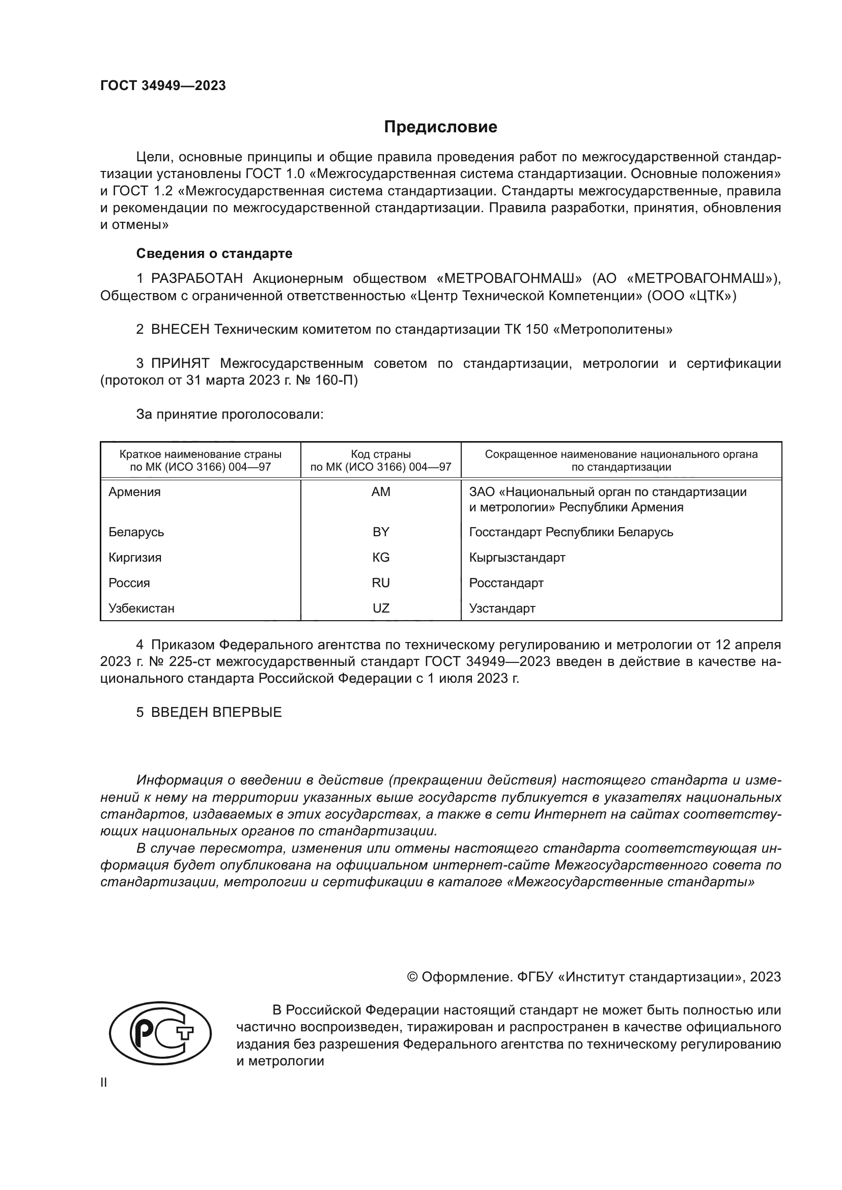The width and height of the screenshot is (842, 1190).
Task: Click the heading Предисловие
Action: (440, 127)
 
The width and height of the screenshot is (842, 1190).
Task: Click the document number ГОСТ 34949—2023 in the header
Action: (163, 86)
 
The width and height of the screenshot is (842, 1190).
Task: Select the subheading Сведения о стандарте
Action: (214, 253)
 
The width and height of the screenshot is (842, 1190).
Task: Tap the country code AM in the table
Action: (381, 492)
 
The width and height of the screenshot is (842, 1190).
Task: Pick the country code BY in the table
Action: (381, 532)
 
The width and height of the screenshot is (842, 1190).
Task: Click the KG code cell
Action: (381, 557)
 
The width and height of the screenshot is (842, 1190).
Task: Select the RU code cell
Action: (381, 583)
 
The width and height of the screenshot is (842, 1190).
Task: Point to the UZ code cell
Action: (381, 608)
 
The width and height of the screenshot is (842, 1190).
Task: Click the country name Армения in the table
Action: (134, 492)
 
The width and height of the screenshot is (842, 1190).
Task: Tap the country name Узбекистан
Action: (141, 608)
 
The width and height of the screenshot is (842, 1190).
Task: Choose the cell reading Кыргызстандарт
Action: (517, 557)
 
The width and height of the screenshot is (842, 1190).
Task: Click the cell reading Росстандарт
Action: (506, 583)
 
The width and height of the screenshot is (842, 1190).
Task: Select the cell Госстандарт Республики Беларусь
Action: (571, 532)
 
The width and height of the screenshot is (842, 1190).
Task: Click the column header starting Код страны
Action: (381, 460)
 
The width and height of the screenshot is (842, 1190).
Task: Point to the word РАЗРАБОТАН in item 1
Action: (197, 279)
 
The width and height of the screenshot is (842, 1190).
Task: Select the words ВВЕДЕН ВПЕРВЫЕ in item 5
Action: (216, 712)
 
